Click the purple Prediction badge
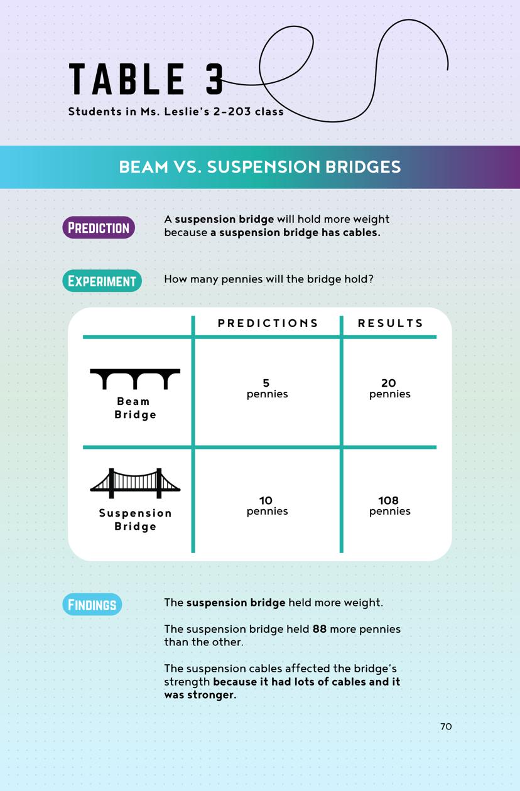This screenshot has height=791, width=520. [99, 227]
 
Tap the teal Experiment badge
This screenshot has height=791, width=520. [102, 281]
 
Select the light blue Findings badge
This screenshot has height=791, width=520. [92, 604]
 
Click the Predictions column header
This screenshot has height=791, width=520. [268, 323]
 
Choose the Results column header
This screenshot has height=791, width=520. [391, 323]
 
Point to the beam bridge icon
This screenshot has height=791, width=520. [135, 379]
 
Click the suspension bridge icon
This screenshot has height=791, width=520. [135, 483]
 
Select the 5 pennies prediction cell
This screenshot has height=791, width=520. [267, 388]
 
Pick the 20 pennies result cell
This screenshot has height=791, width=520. [389, 388]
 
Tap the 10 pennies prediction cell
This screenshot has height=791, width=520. [267, 505]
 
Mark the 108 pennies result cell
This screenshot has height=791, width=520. [389, 505]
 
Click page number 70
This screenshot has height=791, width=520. [446, 726]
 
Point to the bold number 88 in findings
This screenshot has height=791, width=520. [320, 628]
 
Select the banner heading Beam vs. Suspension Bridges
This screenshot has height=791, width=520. [259, 167]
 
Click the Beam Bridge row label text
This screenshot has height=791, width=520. [135, 408]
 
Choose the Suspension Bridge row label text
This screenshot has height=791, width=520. [135, 520]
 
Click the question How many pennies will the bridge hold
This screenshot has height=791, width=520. [269, 279]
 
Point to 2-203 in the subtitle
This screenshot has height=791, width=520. [233, 112]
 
